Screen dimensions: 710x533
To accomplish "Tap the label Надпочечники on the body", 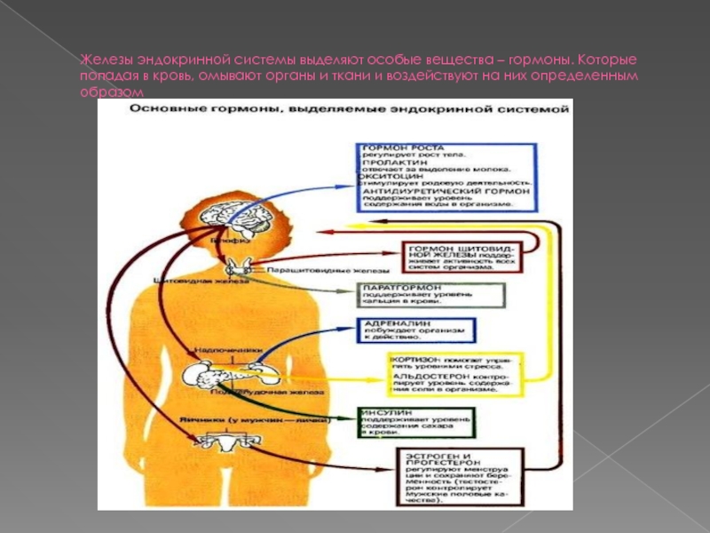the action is pos(227,350).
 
